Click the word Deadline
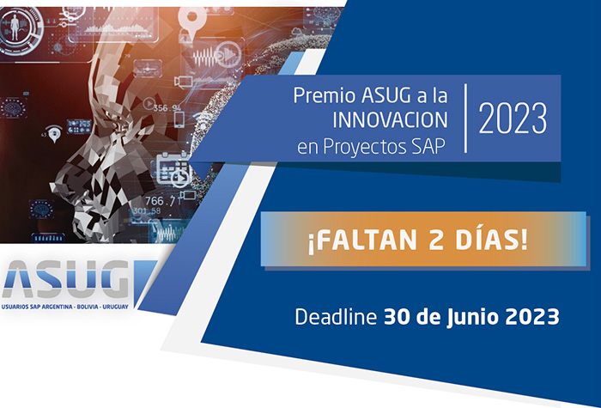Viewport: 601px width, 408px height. pos(335,316)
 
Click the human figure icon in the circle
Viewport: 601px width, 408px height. pos(17,26)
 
